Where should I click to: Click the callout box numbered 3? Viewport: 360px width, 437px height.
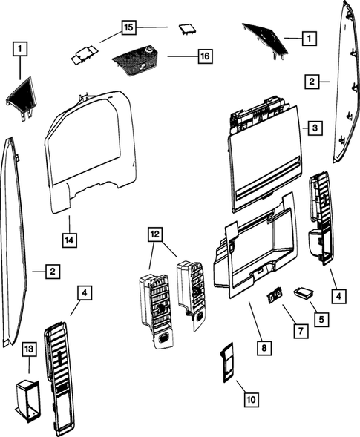[315, 128]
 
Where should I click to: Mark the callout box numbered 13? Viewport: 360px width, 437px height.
[29, 348]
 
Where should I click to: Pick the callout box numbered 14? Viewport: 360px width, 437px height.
[68, 240]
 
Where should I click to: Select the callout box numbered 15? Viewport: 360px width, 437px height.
[128, 27]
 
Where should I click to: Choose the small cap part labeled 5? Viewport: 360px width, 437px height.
[304, 292]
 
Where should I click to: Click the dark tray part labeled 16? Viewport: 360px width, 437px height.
[137, 59]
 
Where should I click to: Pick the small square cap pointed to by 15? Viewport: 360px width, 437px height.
[185, 30]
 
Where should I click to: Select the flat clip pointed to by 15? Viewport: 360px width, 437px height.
[86, 53]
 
